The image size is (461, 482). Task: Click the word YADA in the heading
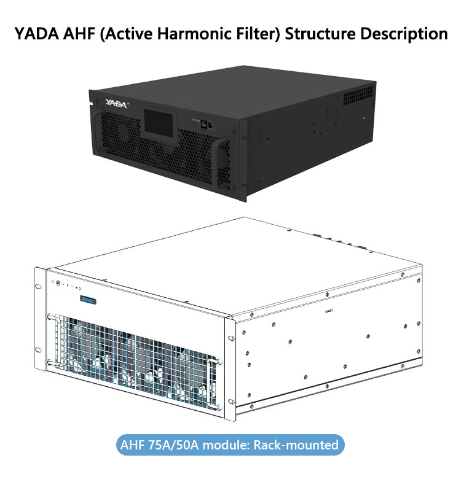pyautogui.click(x=37, y=34)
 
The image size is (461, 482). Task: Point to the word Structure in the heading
pyautogui.click(x=320, y=34)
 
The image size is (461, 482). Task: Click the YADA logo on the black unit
pyautogui.click(x=116, y=103)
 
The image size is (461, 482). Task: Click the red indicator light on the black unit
pyautogui.click(x=194, y=123)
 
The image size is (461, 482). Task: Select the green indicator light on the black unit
pyautogui.click(x=198, y=123)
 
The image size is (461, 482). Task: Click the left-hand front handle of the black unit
pyautogui.click(x=97, y=132)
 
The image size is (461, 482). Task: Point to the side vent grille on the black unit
pyautogui.click(x=358, y=95)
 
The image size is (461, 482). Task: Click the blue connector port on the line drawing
pyautogui.click(x=88, y=300)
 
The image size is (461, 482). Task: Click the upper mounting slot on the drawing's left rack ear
pyautogui.click(x=39, y=287)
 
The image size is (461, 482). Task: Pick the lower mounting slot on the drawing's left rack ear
pyautogui.click(x=39, y=350)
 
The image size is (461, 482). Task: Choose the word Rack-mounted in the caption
pyautogui.click(x=296, y=445)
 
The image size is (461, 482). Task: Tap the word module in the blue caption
pyautogui.click(x=226, y=445)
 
